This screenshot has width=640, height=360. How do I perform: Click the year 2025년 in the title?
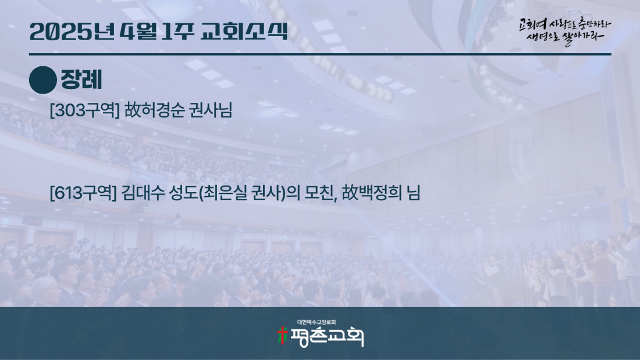click(72, 31)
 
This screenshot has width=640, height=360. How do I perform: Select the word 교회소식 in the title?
click(244, 31)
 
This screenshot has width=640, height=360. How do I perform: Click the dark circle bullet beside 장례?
click(43, 80)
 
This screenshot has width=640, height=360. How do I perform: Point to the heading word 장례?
click(81, 80)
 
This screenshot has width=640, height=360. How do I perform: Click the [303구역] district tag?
click(84, 110)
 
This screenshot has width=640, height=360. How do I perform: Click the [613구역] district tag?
click(83, 193)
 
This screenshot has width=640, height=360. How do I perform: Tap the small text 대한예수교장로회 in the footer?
click(317, 322)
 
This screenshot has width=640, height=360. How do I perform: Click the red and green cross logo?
click(282, 336)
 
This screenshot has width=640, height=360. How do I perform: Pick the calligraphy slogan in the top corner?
click(565, 31)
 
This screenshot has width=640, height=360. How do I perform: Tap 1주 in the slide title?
click(178, 31)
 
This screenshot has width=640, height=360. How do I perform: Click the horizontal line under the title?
click(320, 54)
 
